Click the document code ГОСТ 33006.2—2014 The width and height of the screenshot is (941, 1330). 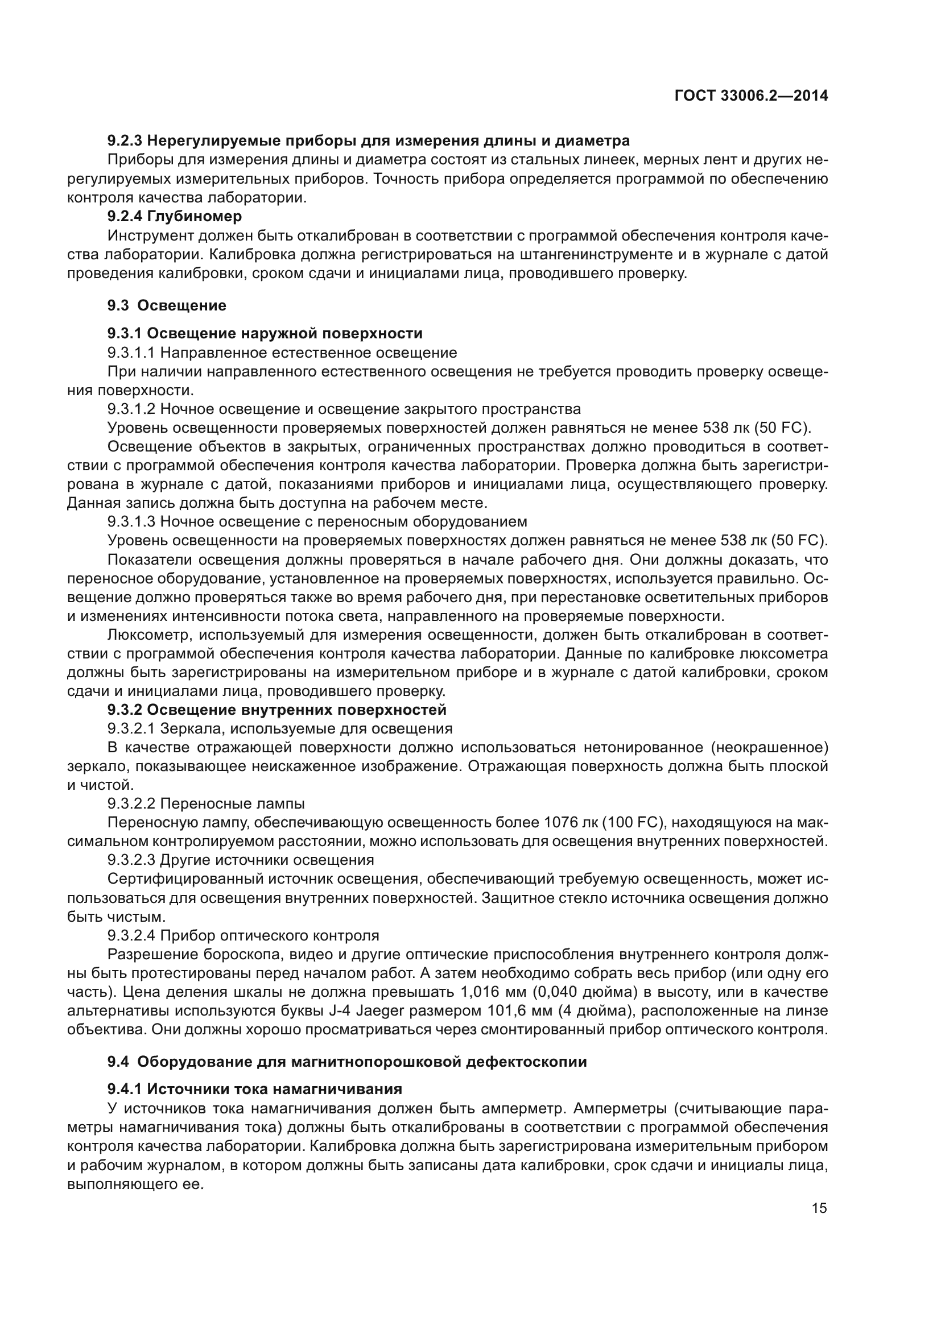pyautogui.click(x=751, y=96)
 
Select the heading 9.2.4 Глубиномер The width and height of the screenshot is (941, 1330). pyautogui.click(x=175, y=217)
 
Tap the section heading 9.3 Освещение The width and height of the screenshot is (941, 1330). pyautogui.click(x=167, y=305)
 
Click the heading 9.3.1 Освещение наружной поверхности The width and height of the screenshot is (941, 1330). pyautogui.click(x=265, y=334)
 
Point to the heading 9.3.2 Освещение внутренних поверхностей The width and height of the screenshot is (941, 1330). pyautogui.click(x=277, y=710)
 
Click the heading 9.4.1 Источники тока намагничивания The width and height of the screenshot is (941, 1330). pyautogui.click(x=255, y=1089)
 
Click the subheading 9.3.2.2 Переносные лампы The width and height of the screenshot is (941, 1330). pyautogui.click(x=206, y=804)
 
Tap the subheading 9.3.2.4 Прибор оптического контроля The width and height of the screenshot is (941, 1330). pyautogui.click(x=243, y=935)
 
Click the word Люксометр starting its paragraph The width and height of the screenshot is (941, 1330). pyautogui.click(x=149, y=635)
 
